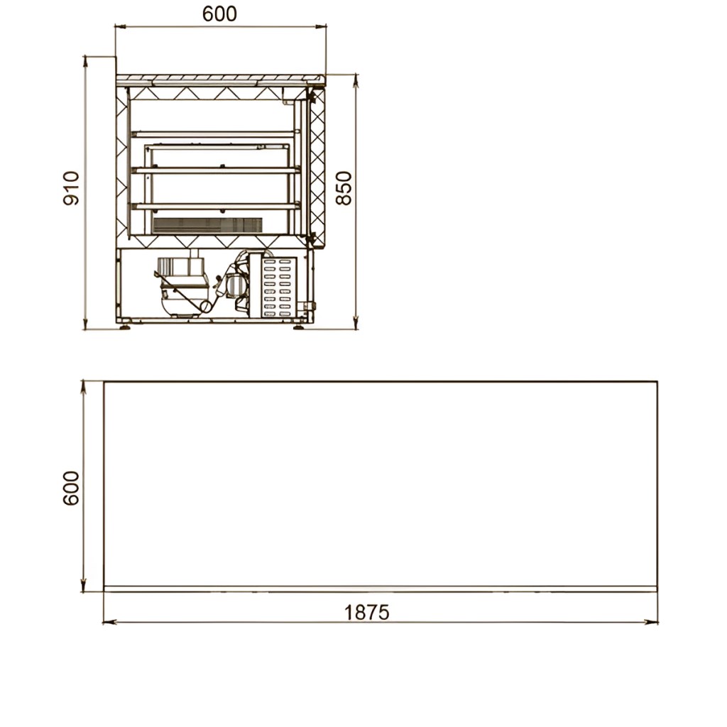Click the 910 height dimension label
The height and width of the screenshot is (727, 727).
[71, 187]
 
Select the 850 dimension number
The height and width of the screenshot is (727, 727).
[344, 187]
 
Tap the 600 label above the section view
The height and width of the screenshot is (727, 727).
[219, 14]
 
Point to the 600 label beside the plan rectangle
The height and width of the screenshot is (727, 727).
[71, 488]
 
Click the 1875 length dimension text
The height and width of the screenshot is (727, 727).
[367, 613]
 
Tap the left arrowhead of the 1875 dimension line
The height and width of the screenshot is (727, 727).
[109, 622]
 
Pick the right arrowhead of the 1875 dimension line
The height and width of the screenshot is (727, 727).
[651, 622]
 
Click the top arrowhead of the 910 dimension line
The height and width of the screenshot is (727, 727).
[85, 63]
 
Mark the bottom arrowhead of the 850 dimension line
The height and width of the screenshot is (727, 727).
[356, 322]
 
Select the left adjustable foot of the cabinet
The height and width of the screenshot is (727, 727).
[125, 326]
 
